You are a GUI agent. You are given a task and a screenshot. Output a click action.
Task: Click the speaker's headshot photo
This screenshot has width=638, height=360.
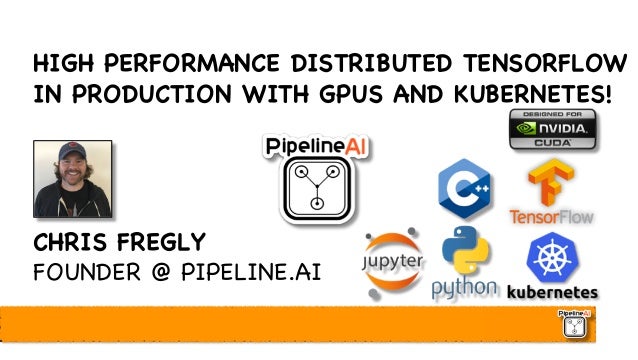[72, 179]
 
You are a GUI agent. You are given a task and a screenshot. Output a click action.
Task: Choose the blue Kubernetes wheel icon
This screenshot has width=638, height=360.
[552, 257]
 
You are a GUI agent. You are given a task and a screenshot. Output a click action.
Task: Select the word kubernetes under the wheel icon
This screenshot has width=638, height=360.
[553, 292]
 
